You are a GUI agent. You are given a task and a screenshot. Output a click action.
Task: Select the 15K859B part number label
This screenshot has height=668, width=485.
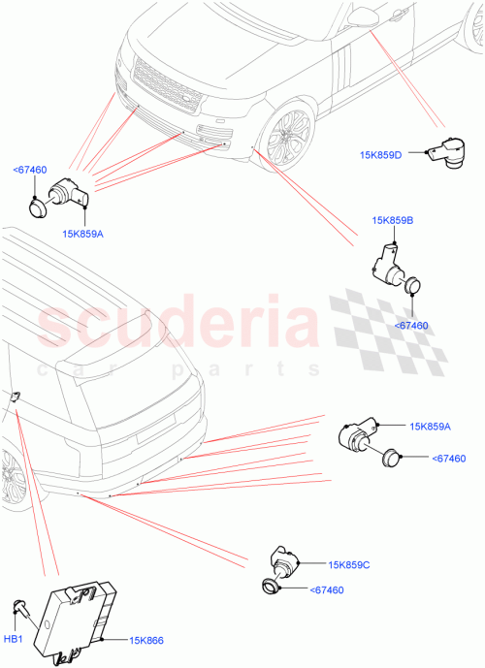pos(392,221)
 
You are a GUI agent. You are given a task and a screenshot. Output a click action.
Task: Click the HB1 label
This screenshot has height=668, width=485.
pos(14,639)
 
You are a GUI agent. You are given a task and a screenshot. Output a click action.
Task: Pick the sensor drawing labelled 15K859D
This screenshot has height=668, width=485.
pos(447,150)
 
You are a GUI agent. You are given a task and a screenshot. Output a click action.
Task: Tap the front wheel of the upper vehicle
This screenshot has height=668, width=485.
pos(287,137)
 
